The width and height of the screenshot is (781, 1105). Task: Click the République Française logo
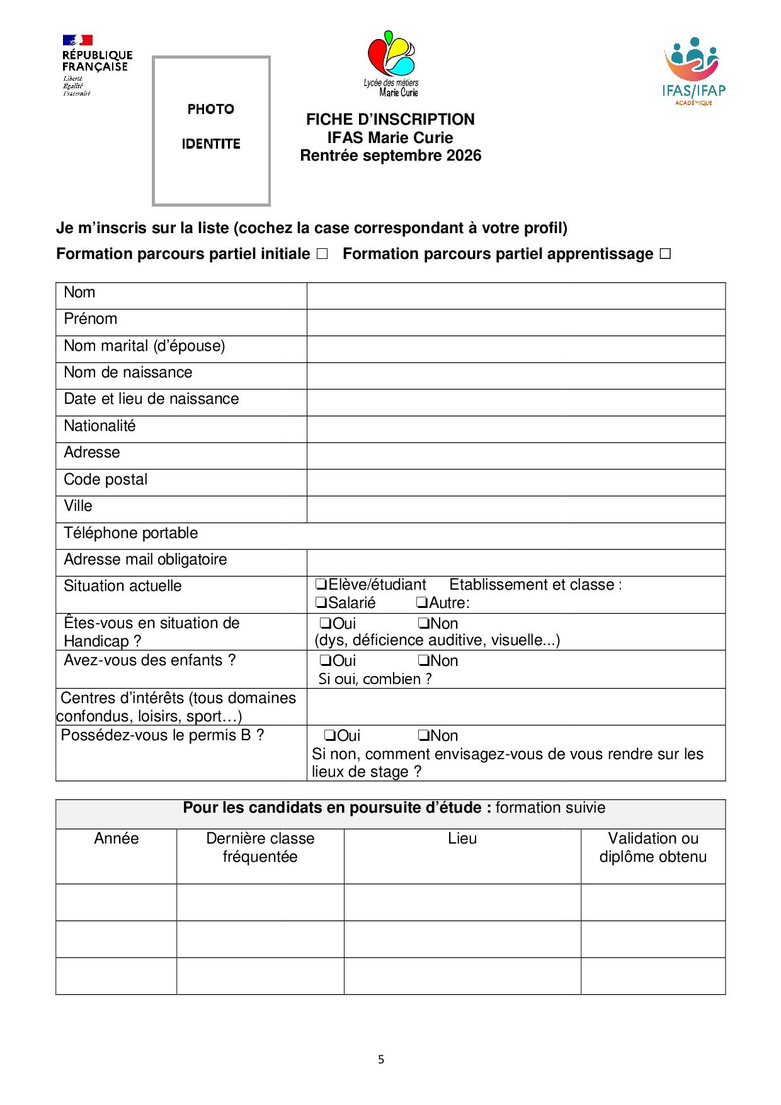pyautogui.click(x=97, y=65)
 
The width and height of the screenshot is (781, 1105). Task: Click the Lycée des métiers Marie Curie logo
pyautogui.click(x=391, y=63)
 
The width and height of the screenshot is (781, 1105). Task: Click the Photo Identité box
pyautogui.click(x=211, y=130)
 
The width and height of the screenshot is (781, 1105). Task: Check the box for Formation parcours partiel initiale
pyautogui.click(x=322, y=254)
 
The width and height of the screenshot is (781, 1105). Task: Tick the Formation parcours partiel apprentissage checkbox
pyautogui.click(x=665, y=254)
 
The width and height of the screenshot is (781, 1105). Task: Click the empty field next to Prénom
pyautogui.click(x=516, y=322)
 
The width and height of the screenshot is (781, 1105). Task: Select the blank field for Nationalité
pyautogui.click(x=516, y=429)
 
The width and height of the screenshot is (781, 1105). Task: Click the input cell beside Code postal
pyautogui.click(x=516, y=483)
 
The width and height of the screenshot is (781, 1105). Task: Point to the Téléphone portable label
pyautogui.click(x=131, y=533)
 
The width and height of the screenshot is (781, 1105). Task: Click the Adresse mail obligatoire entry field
pyautogui.click(x=516, y=563)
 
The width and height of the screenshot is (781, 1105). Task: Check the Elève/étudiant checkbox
pyautogui.click(x=321, y=585)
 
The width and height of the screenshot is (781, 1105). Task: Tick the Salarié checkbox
pyautogui.click(x=321, y=603)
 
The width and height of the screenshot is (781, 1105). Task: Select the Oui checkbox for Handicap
pyautogui.click(x=326, y=624)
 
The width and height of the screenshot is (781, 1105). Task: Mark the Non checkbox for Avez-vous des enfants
pyautogui.click(x=423, y=661)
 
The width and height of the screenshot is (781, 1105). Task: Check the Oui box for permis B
pyautogui.click(x=329, y=736)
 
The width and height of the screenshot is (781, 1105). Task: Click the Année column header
pyautogui.click(x=116, y=839)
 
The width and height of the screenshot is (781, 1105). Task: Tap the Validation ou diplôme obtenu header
pyautogui.click(x=653, y=847)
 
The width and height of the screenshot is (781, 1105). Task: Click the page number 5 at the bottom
pyautogui.click(x=381, y=1059)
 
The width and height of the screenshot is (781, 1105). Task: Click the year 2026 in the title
pyautogui.click(x=464, y=156)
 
